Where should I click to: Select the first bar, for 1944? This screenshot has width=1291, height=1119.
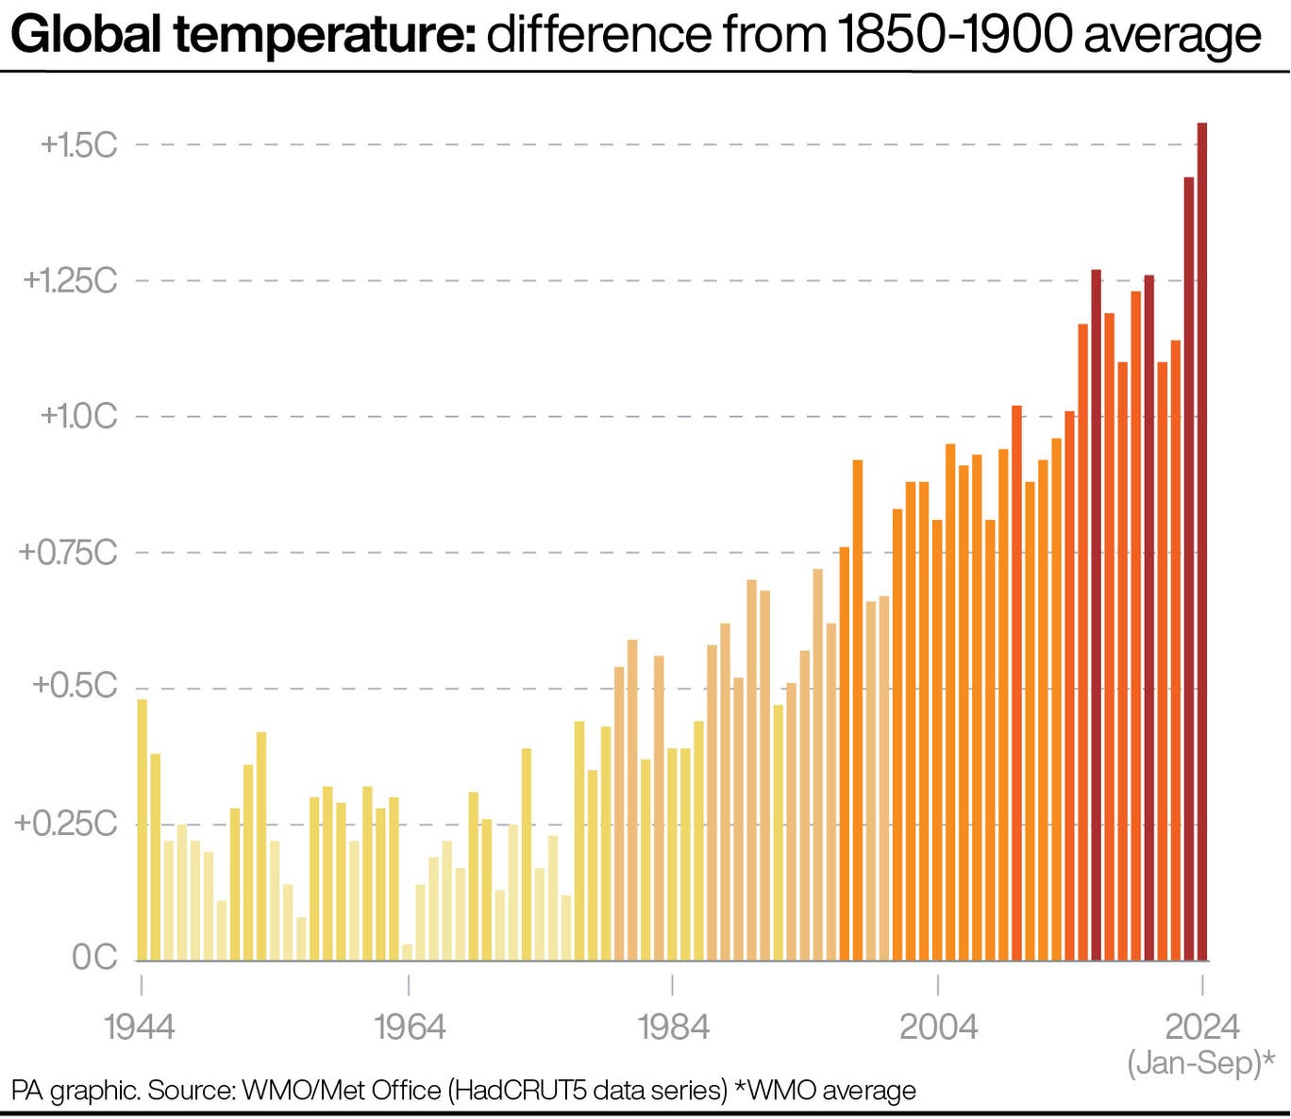[x=143, y=830]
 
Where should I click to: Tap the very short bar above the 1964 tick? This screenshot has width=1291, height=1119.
[x=408, y=952]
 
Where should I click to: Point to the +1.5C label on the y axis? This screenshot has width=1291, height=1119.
[x=79, y=145]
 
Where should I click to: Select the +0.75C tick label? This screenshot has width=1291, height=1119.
[x=69, y=553]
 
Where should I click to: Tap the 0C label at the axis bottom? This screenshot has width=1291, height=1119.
[x=94, y=958]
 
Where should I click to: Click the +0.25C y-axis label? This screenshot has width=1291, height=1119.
[x=66, y=824]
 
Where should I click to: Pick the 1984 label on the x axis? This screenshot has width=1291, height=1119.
[x=673, y=1027]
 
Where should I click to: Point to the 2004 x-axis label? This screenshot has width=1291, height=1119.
[x=938, y=1027]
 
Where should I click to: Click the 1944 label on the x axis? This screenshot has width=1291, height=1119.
[x=140, y=1027]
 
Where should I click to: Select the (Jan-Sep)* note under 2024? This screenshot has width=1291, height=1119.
[x=1201, y=1062]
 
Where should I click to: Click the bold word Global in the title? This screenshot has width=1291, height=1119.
[x=89, y=36]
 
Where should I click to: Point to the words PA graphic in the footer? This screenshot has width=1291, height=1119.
[x=75, y=1091]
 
